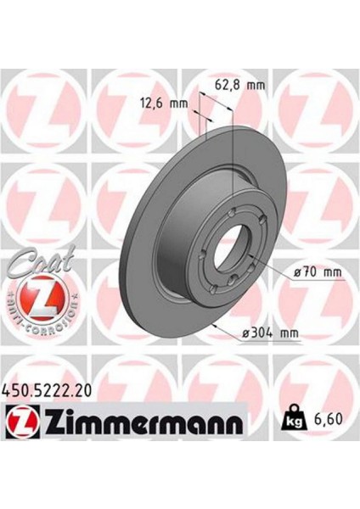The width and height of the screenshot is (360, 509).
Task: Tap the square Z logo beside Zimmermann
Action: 20,420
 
